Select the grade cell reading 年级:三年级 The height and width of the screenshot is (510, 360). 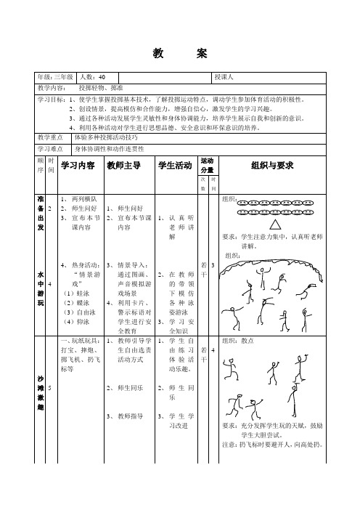click(56, 76)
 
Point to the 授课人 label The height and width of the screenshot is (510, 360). click(223, 76)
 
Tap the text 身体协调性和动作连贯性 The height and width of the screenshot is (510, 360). click(109, 148)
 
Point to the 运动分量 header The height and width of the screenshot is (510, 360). click(207, 165)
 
